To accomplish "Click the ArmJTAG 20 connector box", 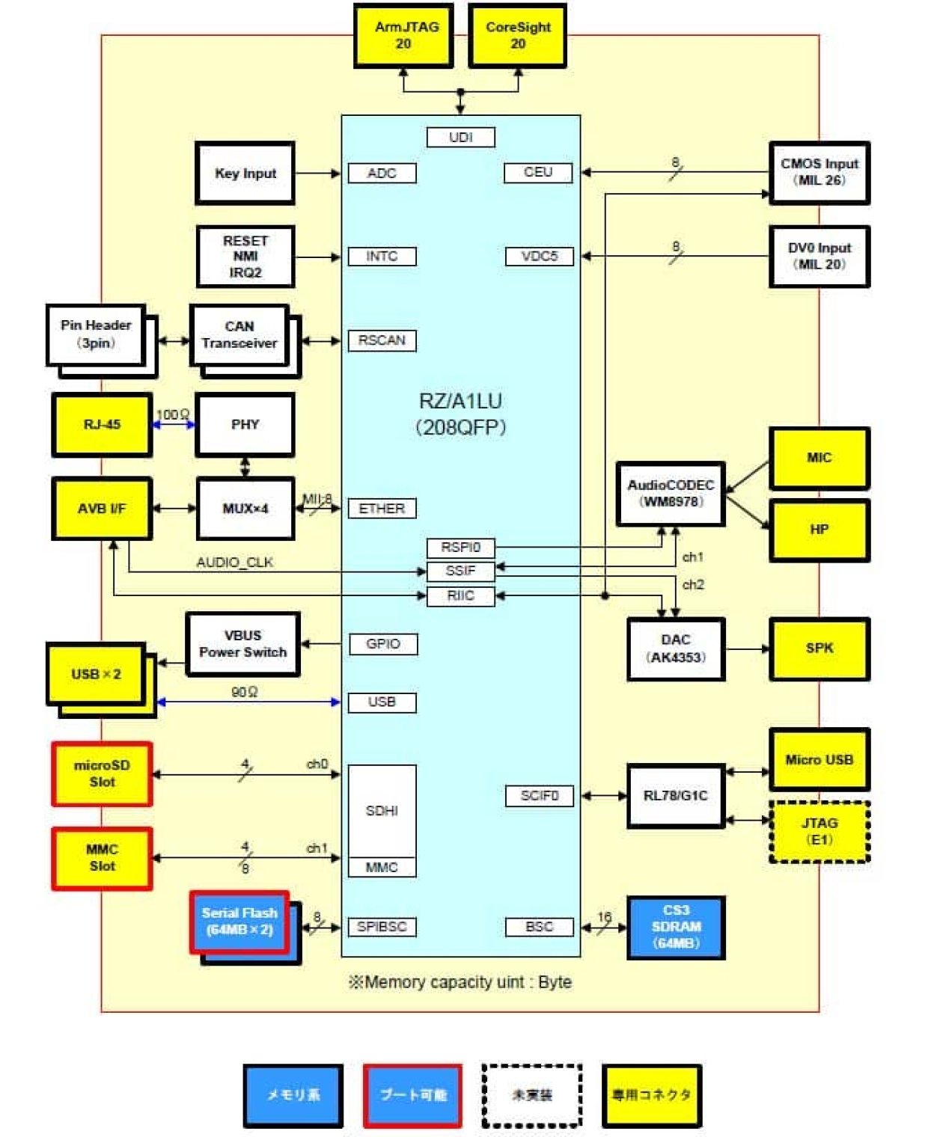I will (403, 35).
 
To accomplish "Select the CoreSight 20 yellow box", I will (517, 35).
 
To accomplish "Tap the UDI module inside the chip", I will (460, 138).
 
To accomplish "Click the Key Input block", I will (245, 173).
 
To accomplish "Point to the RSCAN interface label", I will (382, 340).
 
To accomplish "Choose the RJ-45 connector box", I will (102, 424).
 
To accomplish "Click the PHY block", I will (245, 424).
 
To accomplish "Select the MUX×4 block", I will (245, 509).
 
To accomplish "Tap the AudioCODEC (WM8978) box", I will (671, 494).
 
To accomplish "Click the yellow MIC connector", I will (819, 458).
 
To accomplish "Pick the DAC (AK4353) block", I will (676, 649).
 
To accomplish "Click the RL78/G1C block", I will (676, 796).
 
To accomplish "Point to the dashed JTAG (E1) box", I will (819, 831).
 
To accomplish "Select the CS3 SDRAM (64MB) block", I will (676, 927).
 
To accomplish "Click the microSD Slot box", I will (102, 773).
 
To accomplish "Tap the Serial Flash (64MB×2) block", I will (239, 922).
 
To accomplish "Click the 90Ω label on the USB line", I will (244, 692).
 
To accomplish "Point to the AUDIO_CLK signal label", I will (234, 563).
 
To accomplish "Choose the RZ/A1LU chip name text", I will (460, 402).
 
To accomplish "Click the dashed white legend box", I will (531, 1095).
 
